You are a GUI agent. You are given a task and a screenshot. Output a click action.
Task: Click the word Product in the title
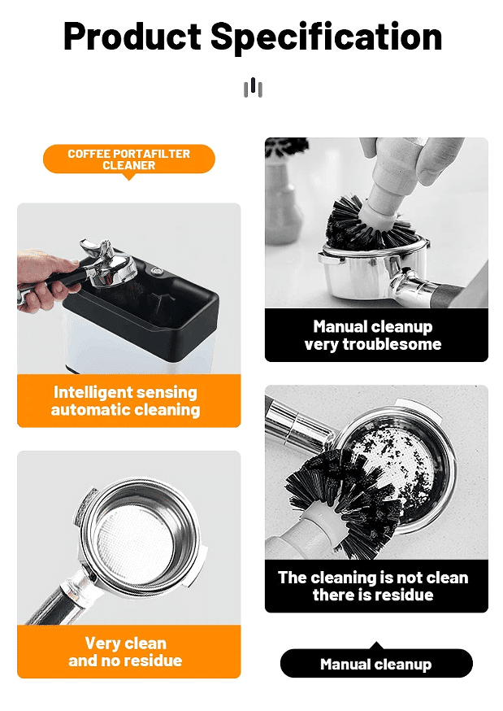132,37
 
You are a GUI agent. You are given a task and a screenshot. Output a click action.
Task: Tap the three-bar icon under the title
253,87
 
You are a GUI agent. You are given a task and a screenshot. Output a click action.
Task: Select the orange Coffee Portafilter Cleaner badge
129,159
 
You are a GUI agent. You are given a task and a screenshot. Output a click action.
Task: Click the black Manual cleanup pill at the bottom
376,664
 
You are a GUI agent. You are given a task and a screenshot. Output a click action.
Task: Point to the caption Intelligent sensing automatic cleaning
125,401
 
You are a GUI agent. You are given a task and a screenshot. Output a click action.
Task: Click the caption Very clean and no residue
125,652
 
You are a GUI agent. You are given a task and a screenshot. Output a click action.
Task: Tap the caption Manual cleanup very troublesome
373,335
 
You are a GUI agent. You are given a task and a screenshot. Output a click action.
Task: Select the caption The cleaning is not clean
373,578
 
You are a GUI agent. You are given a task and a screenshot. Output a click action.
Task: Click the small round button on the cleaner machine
157,272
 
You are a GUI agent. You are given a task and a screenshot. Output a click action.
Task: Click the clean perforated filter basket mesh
134,542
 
